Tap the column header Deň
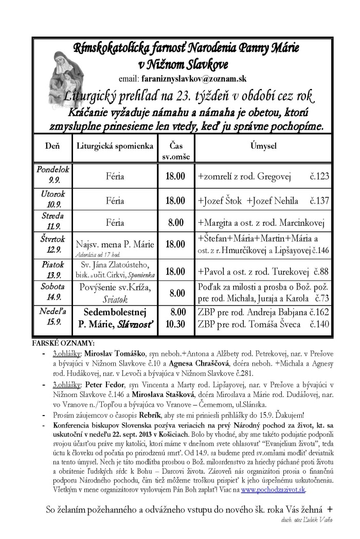pyautogui.click(x=51, y=146)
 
